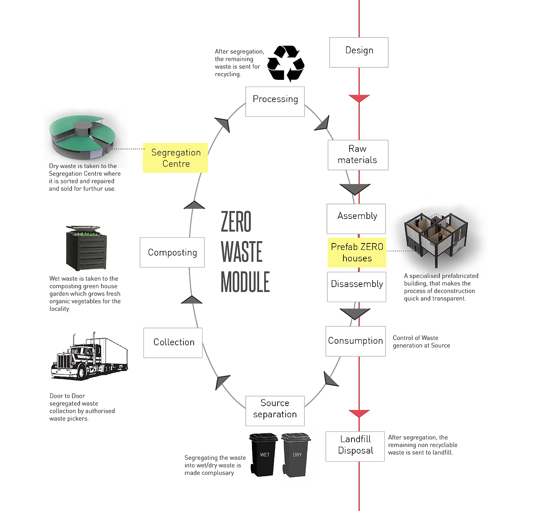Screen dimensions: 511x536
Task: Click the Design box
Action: tap(359, 52)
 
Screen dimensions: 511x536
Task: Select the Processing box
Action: tap(275, 101)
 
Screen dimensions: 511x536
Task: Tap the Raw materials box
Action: tap(358, 155)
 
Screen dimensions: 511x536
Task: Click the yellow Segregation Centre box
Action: tap(175, 158)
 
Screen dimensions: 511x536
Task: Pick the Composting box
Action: tap(172, 252)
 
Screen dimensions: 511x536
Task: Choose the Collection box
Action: tap(173, 342)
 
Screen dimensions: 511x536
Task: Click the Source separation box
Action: tap(275, 410)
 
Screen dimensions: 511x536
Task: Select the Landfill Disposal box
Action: tap(355, 446)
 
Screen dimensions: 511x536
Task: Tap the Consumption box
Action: tap(355, 341)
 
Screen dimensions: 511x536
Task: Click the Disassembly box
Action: tap(357, 286)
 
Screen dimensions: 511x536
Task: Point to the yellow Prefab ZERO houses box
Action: tap(357, 253)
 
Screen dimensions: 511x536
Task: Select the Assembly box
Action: tap(356, 218)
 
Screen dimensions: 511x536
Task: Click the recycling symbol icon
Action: tap(286, 64)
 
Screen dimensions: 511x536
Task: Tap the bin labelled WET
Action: tap(264, 455)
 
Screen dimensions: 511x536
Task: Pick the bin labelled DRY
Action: tap(296, 455)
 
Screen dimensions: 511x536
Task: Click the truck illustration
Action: tap(89, 356)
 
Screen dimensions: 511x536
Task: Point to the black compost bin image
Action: tap(86, 248)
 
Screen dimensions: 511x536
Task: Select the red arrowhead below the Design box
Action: tap(359, 98)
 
